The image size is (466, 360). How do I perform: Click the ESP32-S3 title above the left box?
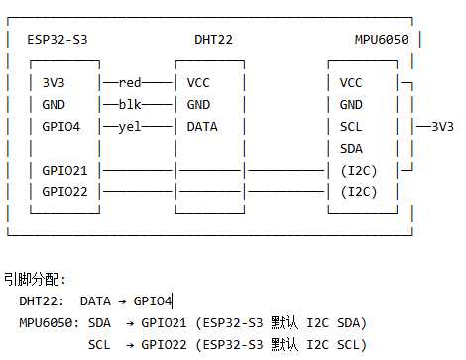58,40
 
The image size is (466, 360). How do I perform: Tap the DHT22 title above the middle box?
213,40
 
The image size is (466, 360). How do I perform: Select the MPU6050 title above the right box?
382,40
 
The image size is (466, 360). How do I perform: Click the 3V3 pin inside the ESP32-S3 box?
54,82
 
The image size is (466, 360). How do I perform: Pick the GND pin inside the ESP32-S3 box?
54,105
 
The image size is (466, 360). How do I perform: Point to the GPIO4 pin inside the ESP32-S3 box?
61,127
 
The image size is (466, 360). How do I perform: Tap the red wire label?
130,82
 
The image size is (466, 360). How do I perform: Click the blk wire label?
130,105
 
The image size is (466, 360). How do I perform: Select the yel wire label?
130,127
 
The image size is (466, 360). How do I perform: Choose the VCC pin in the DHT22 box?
198,82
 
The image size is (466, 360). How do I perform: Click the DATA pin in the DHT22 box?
202,127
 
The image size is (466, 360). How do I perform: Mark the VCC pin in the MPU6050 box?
351,82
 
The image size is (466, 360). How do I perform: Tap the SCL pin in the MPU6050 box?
351,127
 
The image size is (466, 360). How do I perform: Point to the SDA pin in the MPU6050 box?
351,149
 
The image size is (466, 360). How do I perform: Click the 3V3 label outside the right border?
443,127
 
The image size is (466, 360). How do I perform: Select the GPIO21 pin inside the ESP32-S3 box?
64,171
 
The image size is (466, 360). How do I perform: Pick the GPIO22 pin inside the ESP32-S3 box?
64,192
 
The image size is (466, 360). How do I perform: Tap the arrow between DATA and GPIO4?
122,301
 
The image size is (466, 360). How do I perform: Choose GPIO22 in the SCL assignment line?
164,345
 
